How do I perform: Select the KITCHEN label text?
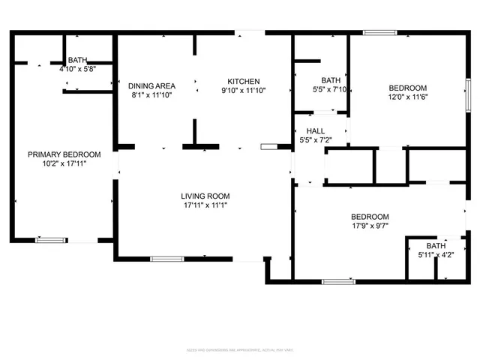(x=244, y=81)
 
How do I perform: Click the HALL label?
(x=315, y=131)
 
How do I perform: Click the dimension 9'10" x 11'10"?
(x=244, y=91)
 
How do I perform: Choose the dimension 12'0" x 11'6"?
(x=407, y=97)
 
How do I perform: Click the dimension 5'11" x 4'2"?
(x=436, y=254)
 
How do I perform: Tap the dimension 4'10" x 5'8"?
(x=77, y=69)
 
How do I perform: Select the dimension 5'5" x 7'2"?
(x=315, y=140)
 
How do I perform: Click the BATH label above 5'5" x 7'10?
(x=331, y=80)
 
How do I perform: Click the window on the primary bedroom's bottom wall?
(x=49, y=240)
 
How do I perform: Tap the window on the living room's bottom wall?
(x=166, y=259)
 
